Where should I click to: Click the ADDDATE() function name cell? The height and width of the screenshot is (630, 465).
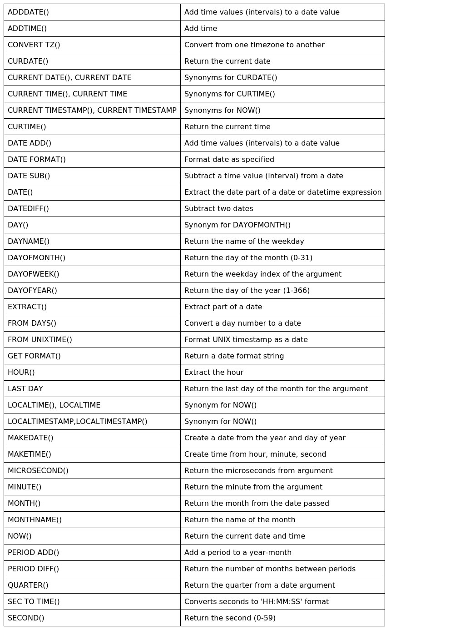click(x=28, y=12)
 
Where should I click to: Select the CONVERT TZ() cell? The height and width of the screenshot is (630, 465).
click(x=34, y=45)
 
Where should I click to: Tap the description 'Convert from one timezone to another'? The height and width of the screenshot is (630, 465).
click(x=254, y=45)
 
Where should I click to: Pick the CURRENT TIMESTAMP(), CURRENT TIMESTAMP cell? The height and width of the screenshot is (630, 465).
click(x=92, y=111)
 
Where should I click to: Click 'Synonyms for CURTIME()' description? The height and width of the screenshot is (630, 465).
click(x=229, y=94)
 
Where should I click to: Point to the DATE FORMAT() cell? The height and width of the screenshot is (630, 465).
click(x=37, y=160)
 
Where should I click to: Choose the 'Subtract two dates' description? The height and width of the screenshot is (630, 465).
click(x=218, y=209)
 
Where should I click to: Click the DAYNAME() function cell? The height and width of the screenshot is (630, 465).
click(x=29, y=242)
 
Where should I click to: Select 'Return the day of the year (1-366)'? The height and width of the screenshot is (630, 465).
click(x=247, y=291)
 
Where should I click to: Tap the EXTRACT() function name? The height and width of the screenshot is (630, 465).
click(x=27, y=307)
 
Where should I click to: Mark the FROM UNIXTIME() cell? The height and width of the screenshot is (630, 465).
click(x=40, y=340)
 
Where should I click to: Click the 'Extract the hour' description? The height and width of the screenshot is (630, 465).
click(x=213, y=373)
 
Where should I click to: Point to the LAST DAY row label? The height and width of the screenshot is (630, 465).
click(x=25, y=389)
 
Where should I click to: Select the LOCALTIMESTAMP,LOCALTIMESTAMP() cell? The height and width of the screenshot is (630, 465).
click(x=77, y=422)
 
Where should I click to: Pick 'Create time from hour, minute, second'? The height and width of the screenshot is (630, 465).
click(x=255, y=454)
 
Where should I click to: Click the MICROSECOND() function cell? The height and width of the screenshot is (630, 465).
click(x=38, y=471)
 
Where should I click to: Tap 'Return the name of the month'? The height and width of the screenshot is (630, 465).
click(x=239, y=520)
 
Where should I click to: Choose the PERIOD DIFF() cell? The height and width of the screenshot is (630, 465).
click(x=33, y=569)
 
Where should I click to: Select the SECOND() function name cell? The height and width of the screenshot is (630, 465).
click(x=26, y=618)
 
